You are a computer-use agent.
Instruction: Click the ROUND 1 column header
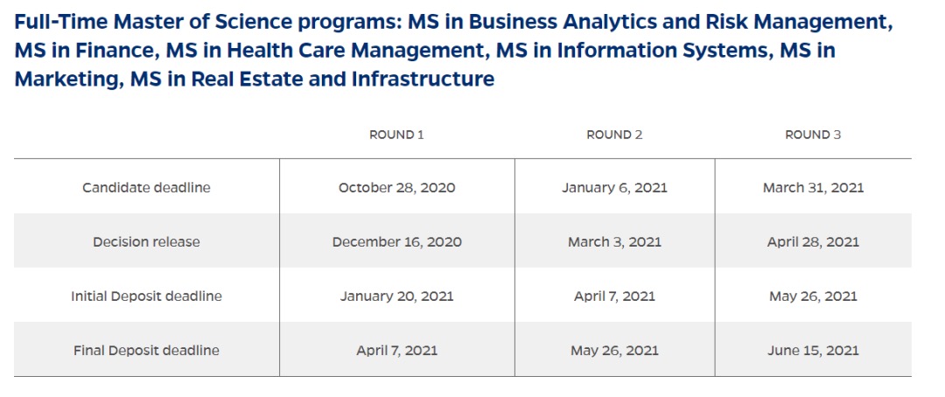[396, 135]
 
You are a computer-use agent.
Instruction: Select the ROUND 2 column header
[614, 135]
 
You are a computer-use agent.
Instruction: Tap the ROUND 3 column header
[812, 135]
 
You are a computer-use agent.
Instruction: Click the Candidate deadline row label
[146, 188]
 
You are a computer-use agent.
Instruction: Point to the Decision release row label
[146, 242]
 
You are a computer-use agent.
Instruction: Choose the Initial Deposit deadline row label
[146, 296]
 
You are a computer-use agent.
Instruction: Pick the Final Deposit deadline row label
[146, 351]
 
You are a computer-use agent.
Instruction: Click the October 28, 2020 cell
[396, 188]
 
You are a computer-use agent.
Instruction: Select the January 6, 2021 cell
[614, 188]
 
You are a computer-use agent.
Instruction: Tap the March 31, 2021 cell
[813, 188]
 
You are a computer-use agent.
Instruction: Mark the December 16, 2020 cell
[396, 242]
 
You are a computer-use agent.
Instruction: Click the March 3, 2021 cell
[614, 242]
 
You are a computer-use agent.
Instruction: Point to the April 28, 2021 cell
[813, 242]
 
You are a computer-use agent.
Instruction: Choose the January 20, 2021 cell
[396, 296]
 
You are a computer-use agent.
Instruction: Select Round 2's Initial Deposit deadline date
[614, 296]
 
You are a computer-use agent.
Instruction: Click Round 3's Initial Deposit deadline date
[813, 296]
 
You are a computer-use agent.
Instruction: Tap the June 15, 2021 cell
[813, 351]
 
